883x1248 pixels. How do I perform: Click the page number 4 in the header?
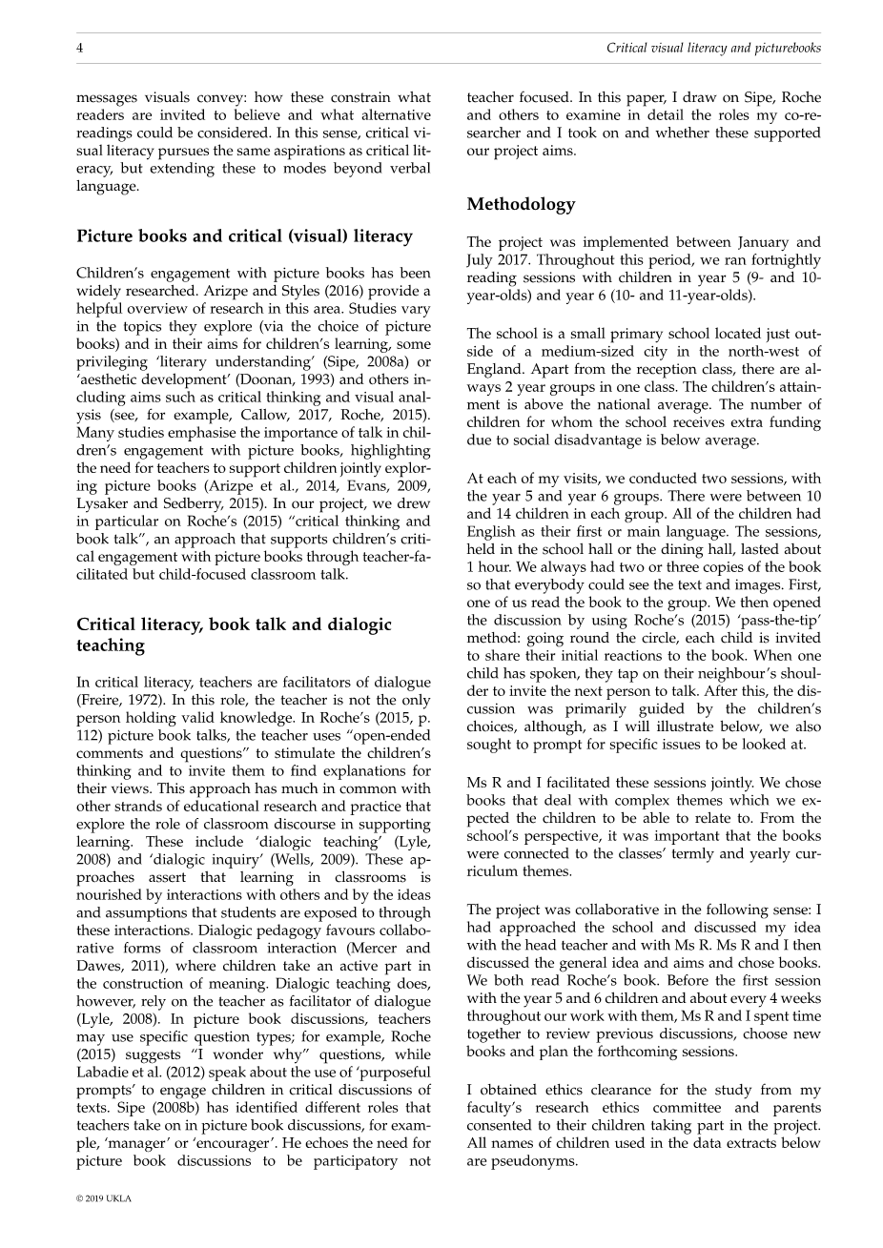point(80,48)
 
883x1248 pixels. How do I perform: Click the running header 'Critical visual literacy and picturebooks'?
point(712,48)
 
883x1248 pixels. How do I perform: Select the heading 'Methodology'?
point(521,204)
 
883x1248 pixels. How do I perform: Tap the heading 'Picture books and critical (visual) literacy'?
point(244,236)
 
